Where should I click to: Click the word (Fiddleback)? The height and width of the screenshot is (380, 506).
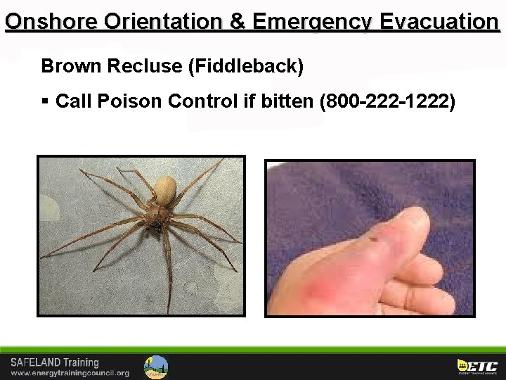pyautogui.click(x=245, y=67)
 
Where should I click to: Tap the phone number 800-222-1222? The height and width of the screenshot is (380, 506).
pyautogui.click(x=387, y=102)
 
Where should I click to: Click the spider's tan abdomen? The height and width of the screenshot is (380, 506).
pyautogui.click(x=166, y=190)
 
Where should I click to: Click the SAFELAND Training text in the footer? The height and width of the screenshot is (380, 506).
pyautogui.click(x=54, y=363)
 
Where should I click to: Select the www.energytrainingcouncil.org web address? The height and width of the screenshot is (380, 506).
pyautogui.click(x=70, y=373)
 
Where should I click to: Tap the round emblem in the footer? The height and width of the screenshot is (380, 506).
pyautogui.click(x=156, y=367)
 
